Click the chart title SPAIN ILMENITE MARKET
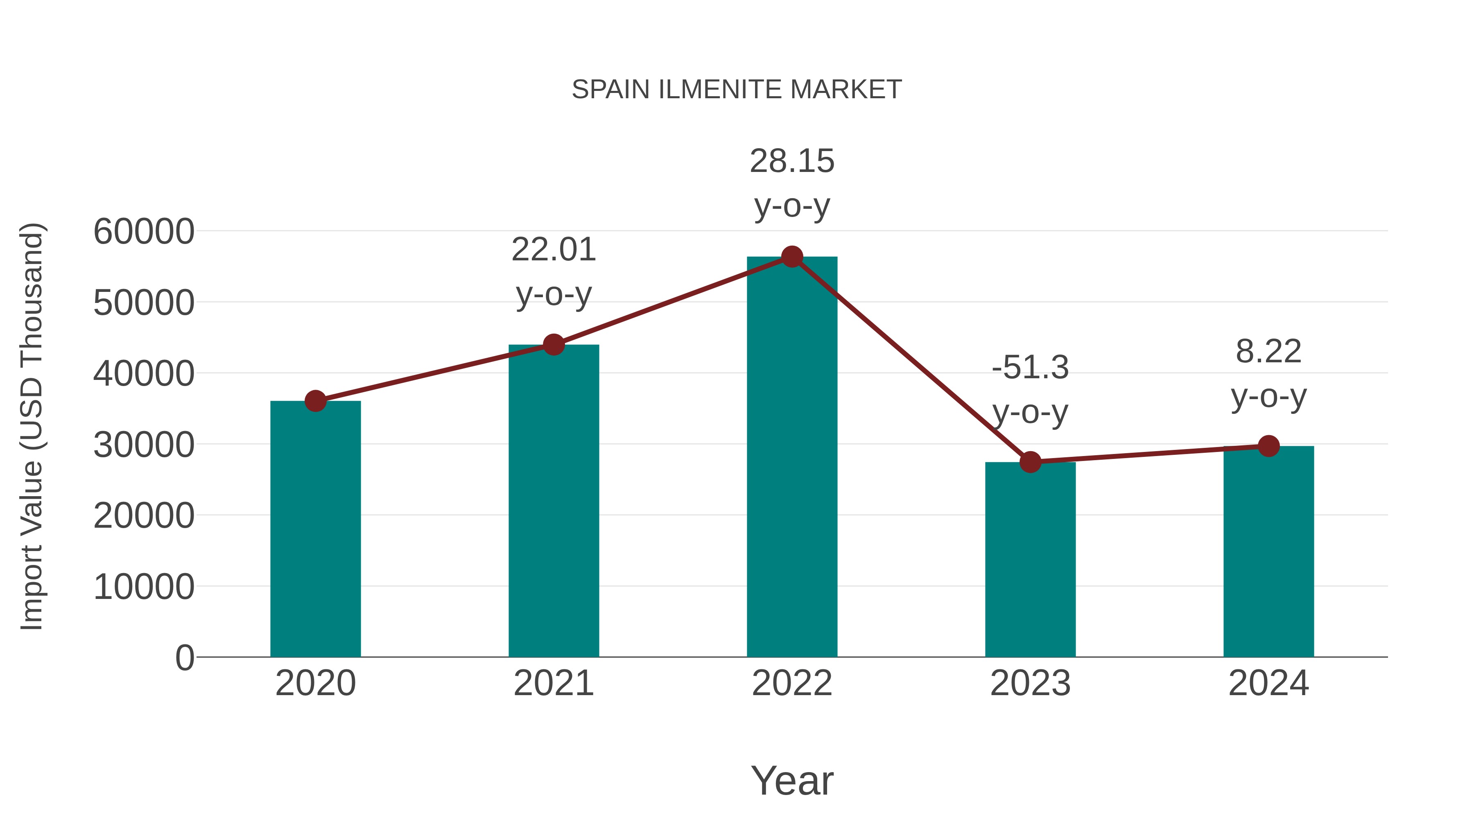pos(737,90)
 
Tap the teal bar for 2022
pos(792,458)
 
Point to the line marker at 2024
pos(1268,446)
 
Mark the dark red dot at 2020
pos(315,401)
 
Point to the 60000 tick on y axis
pos(144,232)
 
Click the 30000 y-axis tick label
pos(144,445)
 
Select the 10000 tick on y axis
pos(144,586)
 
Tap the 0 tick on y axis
pos(185,657)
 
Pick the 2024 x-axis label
pos(1268,683)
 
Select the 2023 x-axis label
pos(1030,683)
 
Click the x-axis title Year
pos(792,780)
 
